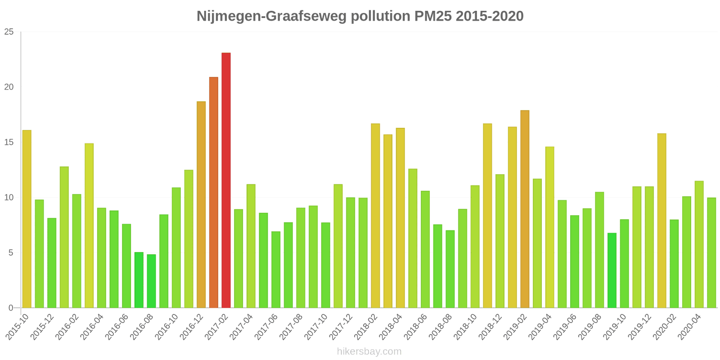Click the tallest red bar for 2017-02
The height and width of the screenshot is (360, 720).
(226, 180)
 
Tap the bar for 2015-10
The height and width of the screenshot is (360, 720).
(27, 219)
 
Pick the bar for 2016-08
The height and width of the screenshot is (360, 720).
(151, 281)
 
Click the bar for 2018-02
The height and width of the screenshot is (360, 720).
(375, 216)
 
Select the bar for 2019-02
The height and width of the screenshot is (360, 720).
(525, 209)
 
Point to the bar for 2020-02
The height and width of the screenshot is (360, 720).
(674, 264)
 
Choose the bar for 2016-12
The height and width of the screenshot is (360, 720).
(201, 205)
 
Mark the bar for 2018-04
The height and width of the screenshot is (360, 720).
(400, 218)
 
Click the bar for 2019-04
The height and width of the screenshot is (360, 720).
(549, 227)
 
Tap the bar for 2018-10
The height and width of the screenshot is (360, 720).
(475, 247)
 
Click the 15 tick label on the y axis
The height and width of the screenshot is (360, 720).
(9, 142)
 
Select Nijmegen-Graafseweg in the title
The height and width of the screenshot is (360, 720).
(272, 16)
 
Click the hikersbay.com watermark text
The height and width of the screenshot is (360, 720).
(369, 351)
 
